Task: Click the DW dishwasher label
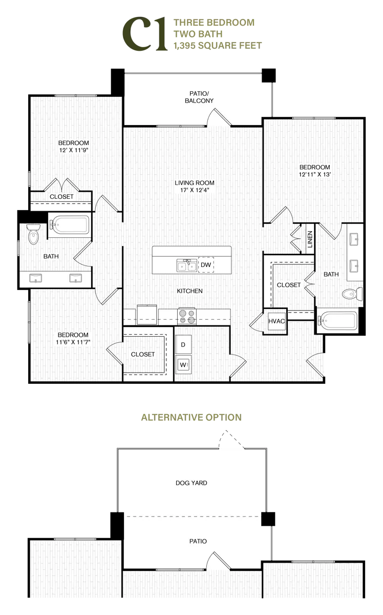206,264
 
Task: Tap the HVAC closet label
276,321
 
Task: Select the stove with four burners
187,316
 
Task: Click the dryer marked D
183,344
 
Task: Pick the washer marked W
183,364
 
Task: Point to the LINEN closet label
310,239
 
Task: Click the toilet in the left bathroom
33,234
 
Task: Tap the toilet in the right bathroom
352,294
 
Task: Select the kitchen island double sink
187,265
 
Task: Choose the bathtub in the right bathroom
338,320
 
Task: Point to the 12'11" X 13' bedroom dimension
315,174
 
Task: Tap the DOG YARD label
191,483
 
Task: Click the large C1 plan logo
145,34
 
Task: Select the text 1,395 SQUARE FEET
218,45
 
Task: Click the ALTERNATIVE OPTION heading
191,417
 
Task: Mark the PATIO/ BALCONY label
199,97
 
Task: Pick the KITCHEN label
189,291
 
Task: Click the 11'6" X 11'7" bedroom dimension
73,342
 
